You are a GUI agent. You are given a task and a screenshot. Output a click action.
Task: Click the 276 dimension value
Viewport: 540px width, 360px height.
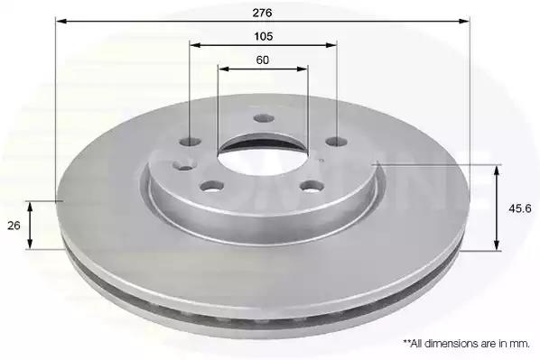coord(263,13)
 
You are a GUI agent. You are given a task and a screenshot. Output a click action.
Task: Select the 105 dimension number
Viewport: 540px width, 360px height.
coord(264,36)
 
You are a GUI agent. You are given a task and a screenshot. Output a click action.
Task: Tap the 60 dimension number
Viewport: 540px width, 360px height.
coord(263,60)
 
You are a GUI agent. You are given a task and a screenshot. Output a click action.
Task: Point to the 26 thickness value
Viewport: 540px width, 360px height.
coord(14,226)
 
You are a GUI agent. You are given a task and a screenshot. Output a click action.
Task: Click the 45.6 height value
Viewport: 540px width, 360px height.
coord(520,208)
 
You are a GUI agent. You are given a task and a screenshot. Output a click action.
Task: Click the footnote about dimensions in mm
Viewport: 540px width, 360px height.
coord(467,344)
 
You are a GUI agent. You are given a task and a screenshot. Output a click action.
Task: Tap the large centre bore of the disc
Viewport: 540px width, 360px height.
coord(262,155)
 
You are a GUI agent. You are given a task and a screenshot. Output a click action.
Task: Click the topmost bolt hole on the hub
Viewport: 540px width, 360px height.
coord(265,119)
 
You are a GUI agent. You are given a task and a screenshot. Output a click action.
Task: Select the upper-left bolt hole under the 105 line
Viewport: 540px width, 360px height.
coord(191,142)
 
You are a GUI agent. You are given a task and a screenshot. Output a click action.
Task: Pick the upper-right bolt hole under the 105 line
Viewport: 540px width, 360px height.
coord(337,141)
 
